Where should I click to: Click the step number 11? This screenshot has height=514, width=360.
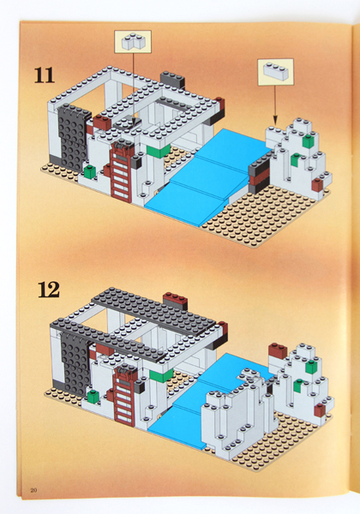point(44,75)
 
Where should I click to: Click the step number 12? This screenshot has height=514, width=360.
point(48,289)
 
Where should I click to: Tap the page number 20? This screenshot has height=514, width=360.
point(33,490)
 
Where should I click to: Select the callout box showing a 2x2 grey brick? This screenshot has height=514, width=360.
point(131,41)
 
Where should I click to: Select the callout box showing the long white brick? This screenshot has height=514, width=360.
point(274,71)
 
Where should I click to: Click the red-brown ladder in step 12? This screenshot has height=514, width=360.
point(125,395)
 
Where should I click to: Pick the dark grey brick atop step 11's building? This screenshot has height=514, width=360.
point(171,81)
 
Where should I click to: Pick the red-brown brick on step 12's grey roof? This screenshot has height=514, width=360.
point(176,301)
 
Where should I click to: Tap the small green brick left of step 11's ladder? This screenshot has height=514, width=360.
point(88,172)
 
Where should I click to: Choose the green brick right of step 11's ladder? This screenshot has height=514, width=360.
point(159,151)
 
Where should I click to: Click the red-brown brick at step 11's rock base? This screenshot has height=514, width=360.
point(317,184)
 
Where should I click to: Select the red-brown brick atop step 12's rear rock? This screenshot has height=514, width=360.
point(277,350)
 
